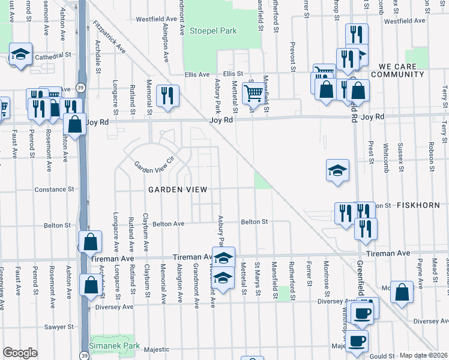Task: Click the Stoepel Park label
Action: (x=213, y=31)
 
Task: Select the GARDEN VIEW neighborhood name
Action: (x=178, y=190)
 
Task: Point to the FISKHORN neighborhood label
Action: (x=420, y=205)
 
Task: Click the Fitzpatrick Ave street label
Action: (x=109, y=38)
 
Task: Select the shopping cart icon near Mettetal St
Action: (x=253, y=94)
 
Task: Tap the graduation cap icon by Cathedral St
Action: (x=21, y=55)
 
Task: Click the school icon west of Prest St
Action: (x=337, y=170)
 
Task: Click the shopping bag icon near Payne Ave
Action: (x=402, y=292)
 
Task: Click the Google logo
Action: (x=20, y=353)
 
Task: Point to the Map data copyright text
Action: (x=423, y=355)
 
